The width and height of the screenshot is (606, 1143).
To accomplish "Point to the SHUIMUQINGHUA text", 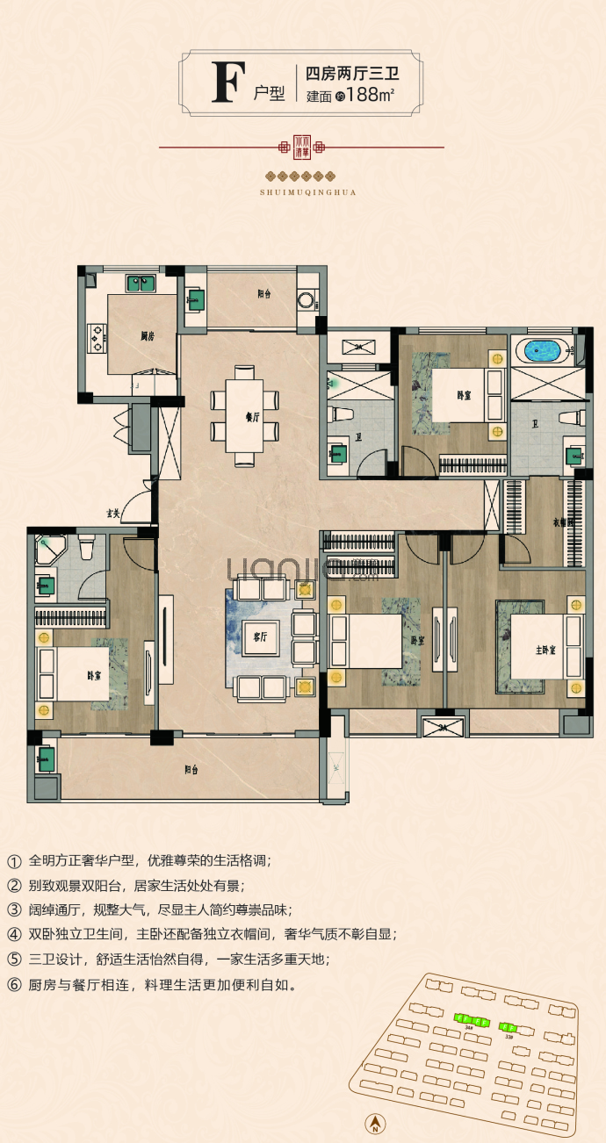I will point(302,190).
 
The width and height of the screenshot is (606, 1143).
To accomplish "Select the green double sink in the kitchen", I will point(141,284).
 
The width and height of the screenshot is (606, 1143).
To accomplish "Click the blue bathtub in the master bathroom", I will point(542,352).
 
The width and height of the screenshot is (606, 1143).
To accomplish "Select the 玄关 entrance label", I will point(113,513).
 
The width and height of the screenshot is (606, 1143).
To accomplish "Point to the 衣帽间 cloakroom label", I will point(562,522).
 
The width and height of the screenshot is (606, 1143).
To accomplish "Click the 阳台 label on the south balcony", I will point(191,769).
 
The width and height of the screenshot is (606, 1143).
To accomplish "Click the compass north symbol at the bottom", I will point(375,1123).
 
